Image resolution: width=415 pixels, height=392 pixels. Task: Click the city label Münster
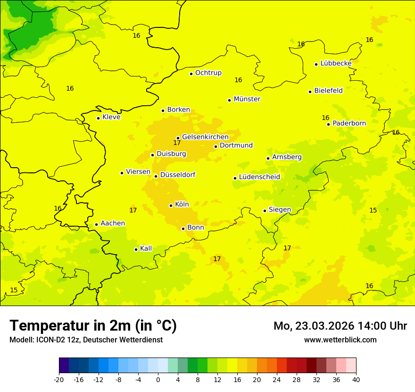click(x=247, y=99)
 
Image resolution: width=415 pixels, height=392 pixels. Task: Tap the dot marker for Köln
click(x=171, y=205)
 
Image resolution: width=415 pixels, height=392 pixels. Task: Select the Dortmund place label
click(x=236, y=145)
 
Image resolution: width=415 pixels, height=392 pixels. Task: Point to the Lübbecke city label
click(x=336, y=63)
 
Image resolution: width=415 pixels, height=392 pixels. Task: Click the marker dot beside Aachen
click(x=96, y=224)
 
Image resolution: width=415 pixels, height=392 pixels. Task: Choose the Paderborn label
click(x=349, y=123)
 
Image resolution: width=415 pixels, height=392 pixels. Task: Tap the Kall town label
click(x=146, y=248)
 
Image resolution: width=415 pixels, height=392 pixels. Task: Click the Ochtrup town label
click(x=208, y=73)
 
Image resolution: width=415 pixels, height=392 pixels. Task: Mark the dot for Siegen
click(x=265, y=211)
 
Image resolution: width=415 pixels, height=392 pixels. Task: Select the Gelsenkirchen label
click(x=205, y=137)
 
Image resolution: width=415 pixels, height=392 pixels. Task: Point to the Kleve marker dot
click(x=98, y=118)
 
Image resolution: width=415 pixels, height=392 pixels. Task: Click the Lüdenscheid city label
click(x=259, y=177)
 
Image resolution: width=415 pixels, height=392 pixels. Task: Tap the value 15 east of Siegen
click(x=373, y=210)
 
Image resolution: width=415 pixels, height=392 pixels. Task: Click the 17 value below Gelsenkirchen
click(x=177, y=143)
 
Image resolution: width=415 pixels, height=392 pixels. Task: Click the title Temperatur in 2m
click(x=93, y=325)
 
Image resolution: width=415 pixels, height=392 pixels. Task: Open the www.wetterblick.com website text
click(x=340, y=340)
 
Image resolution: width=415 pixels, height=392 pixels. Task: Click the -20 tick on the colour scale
click(x=59, y=380)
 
